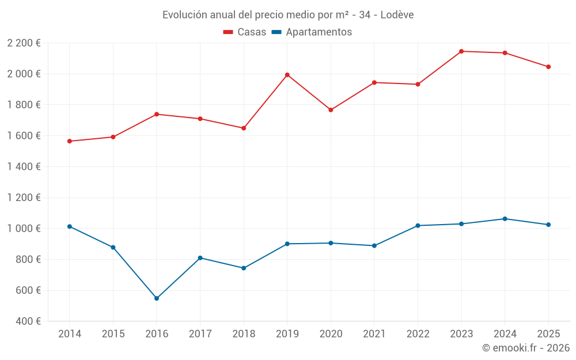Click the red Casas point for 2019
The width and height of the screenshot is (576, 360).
[287, 75]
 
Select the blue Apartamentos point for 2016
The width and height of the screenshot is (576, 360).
[157, 298]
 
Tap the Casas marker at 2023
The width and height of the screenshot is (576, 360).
[461, 51]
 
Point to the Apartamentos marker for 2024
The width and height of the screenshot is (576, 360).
[505, 219]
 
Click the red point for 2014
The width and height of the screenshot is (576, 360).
[70, 141]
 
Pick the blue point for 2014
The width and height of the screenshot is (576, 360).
[70, 226]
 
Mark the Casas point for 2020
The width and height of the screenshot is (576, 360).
[331, 110]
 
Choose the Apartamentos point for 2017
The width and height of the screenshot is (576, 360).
[200, 258]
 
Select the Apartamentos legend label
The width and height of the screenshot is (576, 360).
[319, 32]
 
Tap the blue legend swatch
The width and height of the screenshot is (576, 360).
[276, 32]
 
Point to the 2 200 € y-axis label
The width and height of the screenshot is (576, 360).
[24, 43]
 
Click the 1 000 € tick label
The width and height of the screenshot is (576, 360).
[24, 229]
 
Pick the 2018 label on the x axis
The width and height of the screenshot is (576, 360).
[244, 334]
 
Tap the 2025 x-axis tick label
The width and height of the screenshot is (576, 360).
[548, 334]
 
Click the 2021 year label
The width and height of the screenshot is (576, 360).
[374, 334]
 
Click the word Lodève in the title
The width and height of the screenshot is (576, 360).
[397, 15]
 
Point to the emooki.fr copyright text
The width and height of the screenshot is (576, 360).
[525, 348]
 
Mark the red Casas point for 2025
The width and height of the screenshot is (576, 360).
[548, 67]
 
